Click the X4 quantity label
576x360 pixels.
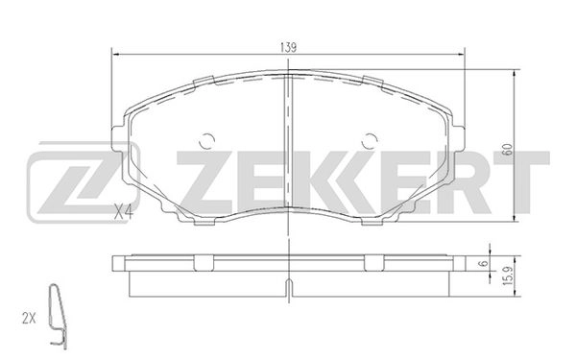120,212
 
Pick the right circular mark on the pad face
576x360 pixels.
370,141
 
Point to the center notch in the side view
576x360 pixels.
289,284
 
